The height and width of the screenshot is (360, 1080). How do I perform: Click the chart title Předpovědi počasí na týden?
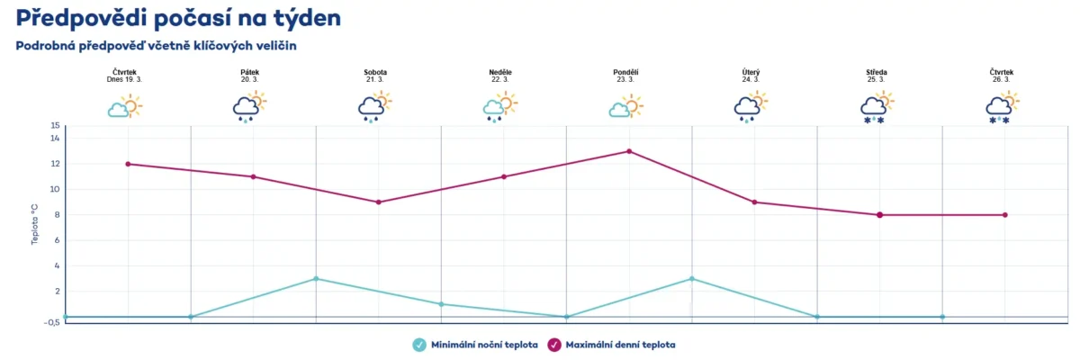point(178,17)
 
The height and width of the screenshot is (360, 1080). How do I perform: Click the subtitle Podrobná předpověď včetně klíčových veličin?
point(156,45)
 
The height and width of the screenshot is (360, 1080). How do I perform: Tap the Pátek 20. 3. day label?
point(249,76)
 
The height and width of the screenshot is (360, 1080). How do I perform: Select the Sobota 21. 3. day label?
point(375,76)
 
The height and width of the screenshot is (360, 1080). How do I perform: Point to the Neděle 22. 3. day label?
point(500,76)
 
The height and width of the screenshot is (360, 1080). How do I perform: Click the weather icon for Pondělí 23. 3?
point(625,107)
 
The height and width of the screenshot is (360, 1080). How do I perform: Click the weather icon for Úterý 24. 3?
point(751,107)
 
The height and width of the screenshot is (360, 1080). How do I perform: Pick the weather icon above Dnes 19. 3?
point(124,107)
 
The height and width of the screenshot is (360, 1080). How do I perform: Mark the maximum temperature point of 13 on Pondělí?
point(629,151)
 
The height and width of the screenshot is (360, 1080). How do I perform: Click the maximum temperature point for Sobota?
point(379,202)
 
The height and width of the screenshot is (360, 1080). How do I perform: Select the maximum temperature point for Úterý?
point(754,202)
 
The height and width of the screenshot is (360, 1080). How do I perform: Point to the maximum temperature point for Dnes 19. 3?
point(128,164)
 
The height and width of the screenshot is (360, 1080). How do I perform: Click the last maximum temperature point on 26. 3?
point(1004,214)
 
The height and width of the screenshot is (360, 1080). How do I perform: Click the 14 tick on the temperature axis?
point(55,139)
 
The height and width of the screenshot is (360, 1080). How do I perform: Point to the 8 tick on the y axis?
point(57,215)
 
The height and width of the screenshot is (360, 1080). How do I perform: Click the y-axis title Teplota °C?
point(35,224)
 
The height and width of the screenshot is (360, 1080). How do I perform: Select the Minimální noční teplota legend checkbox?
point(418,344)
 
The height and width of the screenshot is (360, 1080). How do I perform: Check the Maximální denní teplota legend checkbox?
point(554,344)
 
